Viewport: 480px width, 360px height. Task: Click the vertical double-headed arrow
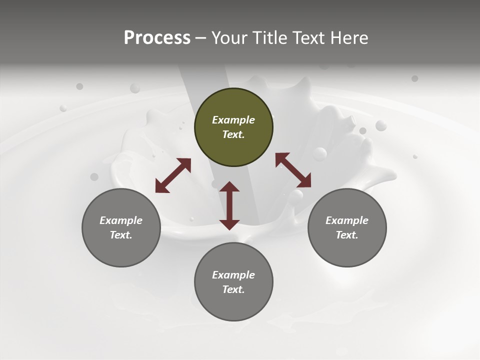pyautogui.click(x=229, y=205)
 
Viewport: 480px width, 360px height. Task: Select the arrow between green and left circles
pyautogui.click(x=173, y=175)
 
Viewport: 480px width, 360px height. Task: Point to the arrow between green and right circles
pyautogui.click(x=293, y=170)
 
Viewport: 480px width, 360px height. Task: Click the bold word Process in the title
pyautogui.click(x=157, y=37)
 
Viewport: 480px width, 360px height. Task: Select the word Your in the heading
pyautogui.click(x=229, y=37)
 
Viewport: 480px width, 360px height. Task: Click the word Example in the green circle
pyautogui.click(x=233, y=120)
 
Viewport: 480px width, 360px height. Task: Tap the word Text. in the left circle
pyautogui.click(x=121, y=235)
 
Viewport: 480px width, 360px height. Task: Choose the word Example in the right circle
pyautogui.click(x=347, y=220)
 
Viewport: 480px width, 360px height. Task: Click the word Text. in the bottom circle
pyautogui.click(x=233, y=289)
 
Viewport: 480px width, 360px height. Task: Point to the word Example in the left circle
pyautogui.click(x=121, y=220)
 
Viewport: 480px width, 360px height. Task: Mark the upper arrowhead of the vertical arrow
pyautogui.click(x=229, y=187)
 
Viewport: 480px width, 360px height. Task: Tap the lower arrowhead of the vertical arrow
pyautogui.click(x=229, y=224)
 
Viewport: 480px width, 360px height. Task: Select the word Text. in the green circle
pyautogui.click(x=233, y=134)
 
